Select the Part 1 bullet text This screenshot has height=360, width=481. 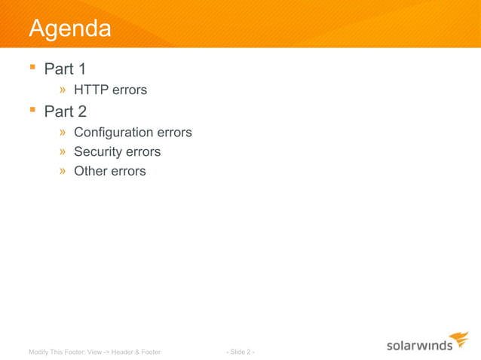[64, 69]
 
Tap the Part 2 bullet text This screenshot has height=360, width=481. [65, 111]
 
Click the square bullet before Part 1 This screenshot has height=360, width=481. [32, 69]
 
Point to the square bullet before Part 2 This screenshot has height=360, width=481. [32, 111]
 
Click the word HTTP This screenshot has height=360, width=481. [91, 90]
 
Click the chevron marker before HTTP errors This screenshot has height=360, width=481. [65, 90]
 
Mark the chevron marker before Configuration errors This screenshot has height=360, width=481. [65, 133]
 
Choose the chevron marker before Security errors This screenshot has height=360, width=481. [65, 152]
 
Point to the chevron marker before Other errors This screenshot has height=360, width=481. [65, 172]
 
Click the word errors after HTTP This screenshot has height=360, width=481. [130, 90]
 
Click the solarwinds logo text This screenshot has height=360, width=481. [419, 346]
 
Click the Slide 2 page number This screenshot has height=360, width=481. [240, 352]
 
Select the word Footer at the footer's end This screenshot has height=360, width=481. [150, 352]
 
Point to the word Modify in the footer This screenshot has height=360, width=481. [38, 352]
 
